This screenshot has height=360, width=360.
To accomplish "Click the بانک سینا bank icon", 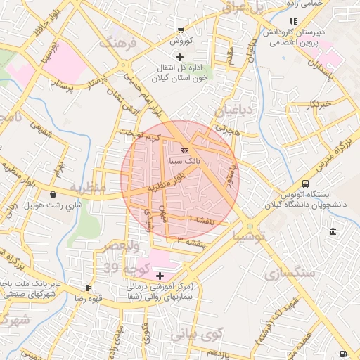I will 184,150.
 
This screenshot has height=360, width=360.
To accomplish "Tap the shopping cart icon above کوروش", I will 181,30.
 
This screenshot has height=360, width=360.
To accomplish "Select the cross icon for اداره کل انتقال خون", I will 180,56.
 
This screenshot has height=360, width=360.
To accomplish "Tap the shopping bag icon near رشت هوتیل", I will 53,195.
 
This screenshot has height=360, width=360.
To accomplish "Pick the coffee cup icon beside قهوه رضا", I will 88,288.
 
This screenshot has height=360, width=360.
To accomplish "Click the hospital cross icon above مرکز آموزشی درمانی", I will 160,276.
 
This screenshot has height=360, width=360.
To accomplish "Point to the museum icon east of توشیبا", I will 332,232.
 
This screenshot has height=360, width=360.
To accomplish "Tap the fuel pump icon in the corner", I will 342,354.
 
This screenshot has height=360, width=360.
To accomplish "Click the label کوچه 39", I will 122,268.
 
